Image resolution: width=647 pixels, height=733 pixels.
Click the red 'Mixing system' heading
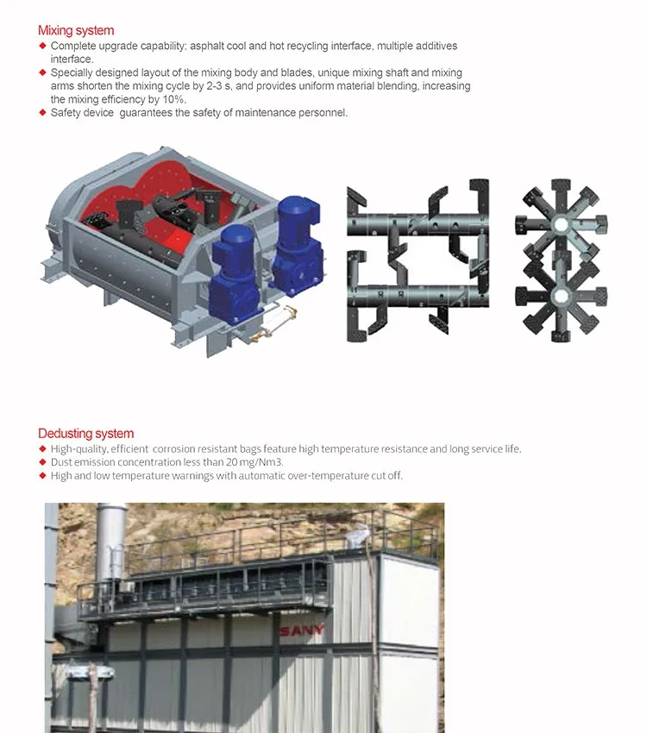[x=76, y=31]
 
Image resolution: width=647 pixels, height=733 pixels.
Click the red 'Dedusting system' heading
[x=85, y=434]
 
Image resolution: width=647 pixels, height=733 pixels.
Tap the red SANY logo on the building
[x=302, y=630]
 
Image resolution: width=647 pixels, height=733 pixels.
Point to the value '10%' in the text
[x=174, y=99]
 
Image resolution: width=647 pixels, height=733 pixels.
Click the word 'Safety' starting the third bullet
[x=66, y=113]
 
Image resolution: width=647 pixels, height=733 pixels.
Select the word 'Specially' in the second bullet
[x=72, y=73]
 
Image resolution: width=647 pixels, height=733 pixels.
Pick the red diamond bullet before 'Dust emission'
[x=41, y=462]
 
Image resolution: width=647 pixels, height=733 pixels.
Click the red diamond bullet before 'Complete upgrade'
[x=41, y=46]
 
